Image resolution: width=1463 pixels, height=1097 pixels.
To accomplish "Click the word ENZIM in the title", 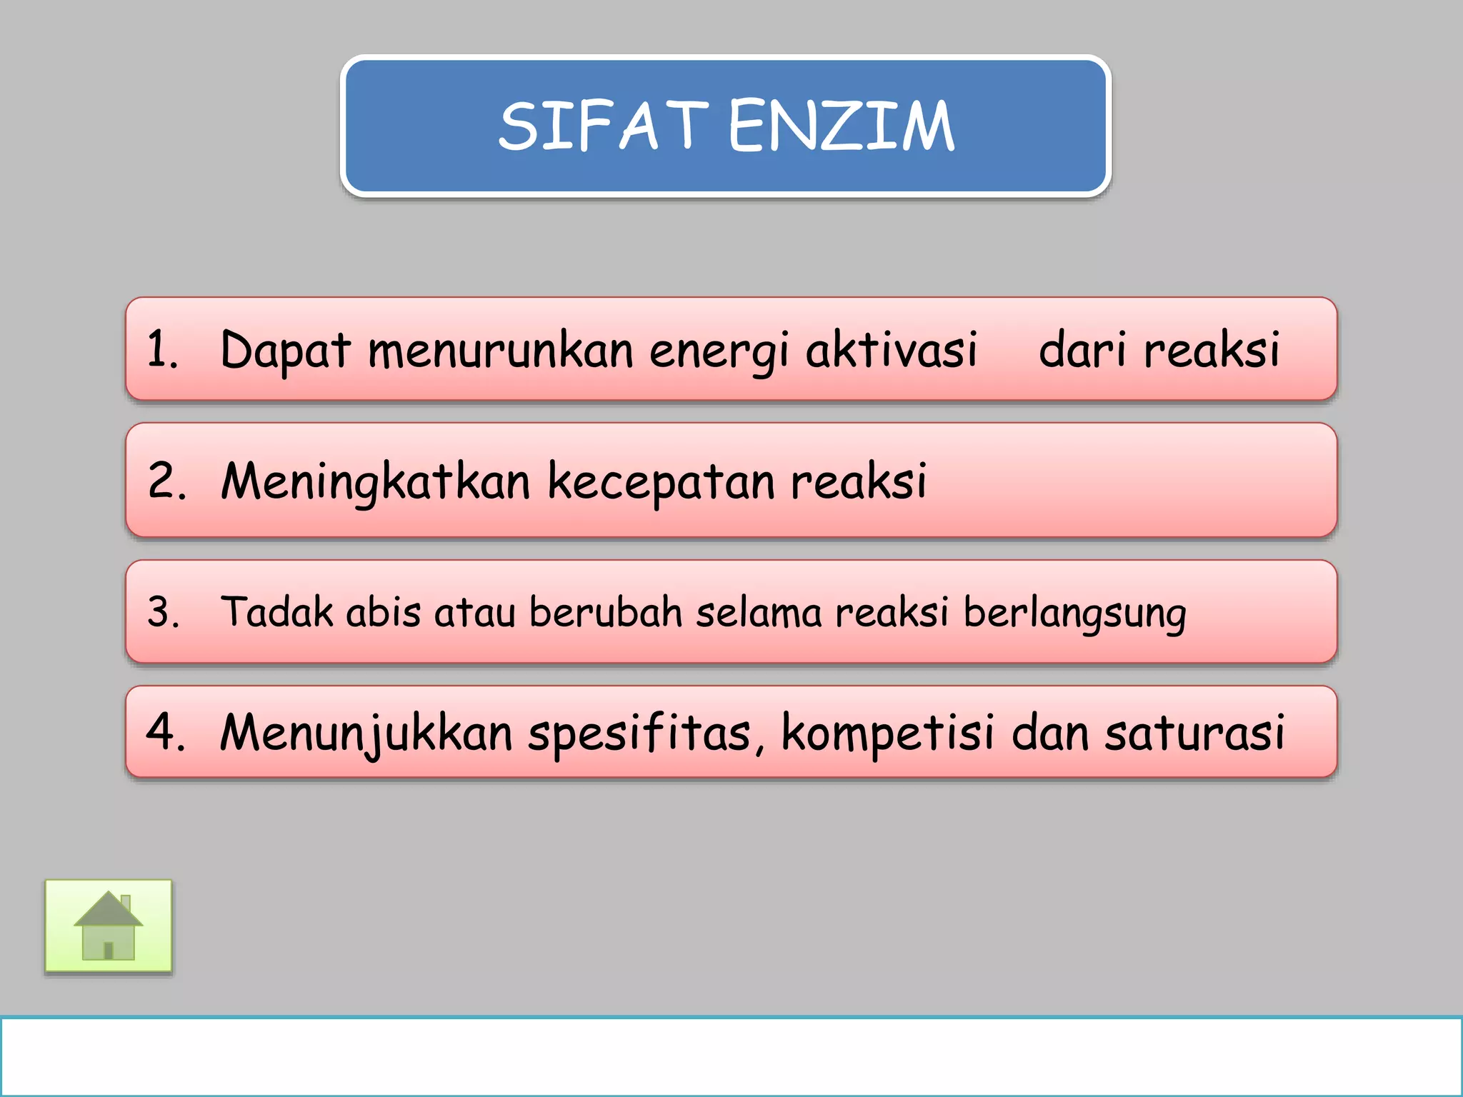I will [x=841, y=126].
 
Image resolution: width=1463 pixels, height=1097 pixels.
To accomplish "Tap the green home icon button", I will [x=109, y=926].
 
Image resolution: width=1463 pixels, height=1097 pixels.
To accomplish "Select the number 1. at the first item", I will [x=162, y=350].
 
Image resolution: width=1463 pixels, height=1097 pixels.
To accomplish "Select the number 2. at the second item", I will [x=166, y=480].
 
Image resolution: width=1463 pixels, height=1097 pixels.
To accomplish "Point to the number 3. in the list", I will [x=164, y=612].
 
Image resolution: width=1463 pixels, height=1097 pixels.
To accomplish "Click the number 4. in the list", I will [x=165, y=732].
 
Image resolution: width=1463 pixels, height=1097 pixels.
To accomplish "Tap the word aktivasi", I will [x=891, y=350].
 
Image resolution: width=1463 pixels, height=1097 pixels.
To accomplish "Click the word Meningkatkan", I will [x=375, y=481].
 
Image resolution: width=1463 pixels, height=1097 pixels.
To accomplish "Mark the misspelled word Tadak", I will [x=276, y=612].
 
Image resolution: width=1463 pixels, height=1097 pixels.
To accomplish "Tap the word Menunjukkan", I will [x=366, y=733].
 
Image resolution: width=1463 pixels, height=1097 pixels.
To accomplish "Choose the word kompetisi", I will [x=887, y=733].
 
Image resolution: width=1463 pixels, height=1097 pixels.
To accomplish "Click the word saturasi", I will [x=1194, y=733].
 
